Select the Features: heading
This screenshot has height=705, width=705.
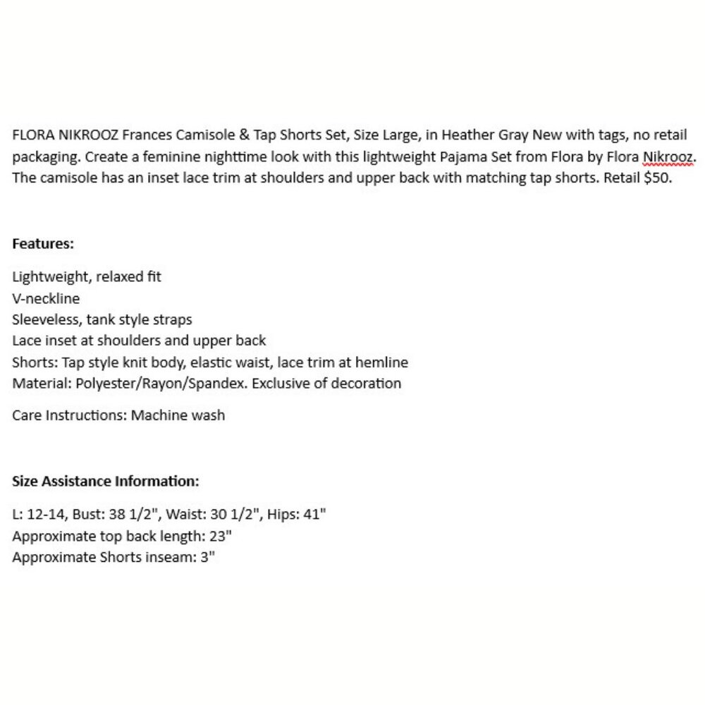point(43,244)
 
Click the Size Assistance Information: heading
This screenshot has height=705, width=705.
point(106,482)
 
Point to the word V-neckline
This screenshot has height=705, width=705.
point(46,298)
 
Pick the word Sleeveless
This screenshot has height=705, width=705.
point(47,319)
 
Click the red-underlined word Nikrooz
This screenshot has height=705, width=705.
point(669,157)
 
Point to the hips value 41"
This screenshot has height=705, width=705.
point(315,514)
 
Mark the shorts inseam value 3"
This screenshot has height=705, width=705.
point(207,557)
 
